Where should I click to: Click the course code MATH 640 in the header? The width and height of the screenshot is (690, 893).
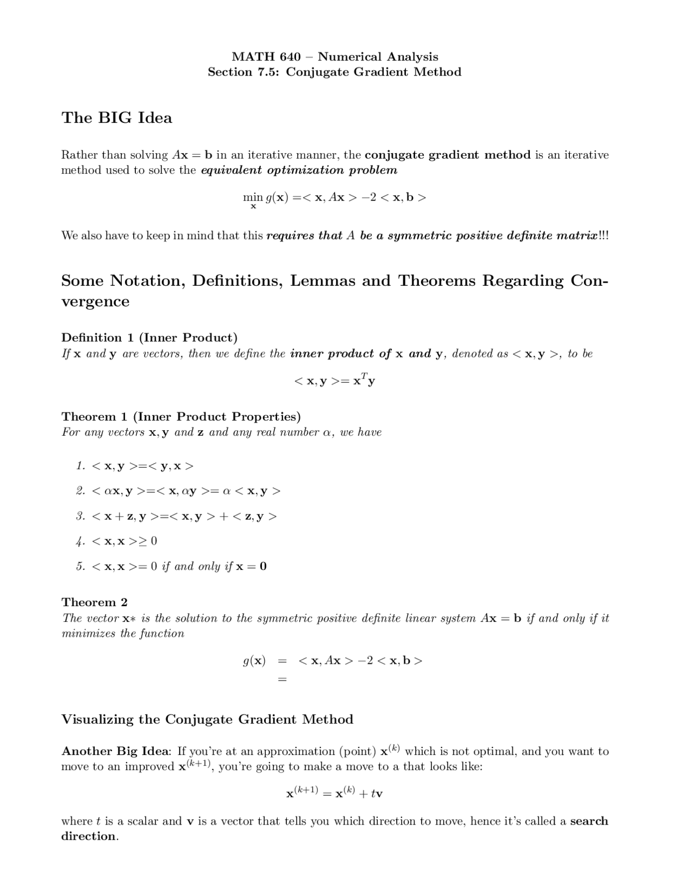pos(266,57)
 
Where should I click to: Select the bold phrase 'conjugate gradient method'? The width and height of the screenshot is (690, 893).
pos(447,155)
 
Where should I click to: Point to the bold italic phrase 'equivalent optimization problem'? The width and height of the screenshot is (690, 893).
pos(299,170)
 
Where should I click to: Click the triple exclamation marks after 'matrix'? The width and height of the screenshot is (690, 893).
pos(603,236)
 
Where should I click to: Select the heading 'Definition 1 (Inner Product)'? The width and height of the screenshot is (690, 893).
pos(149,338)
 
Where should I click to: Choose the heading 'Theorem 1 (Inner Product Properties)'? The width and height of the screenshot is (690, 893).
pos(181,416)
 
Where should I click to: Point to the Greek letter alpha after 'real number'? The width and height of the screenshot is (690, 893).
pos(326,432)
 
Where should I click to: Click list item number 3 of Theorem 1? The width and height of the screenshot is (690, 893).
pos(80,516)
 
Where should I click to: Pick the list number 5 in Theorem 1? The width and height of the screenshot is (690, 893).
pos(80,566)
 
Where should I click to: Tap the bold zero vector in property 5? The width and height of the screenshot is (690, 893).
pos(263,567)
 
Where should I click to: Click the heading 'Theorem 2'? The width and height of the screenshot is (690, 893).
pos(94,602)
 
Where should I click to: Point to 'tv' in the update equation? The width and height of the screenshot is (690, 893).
pos(376,794)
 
